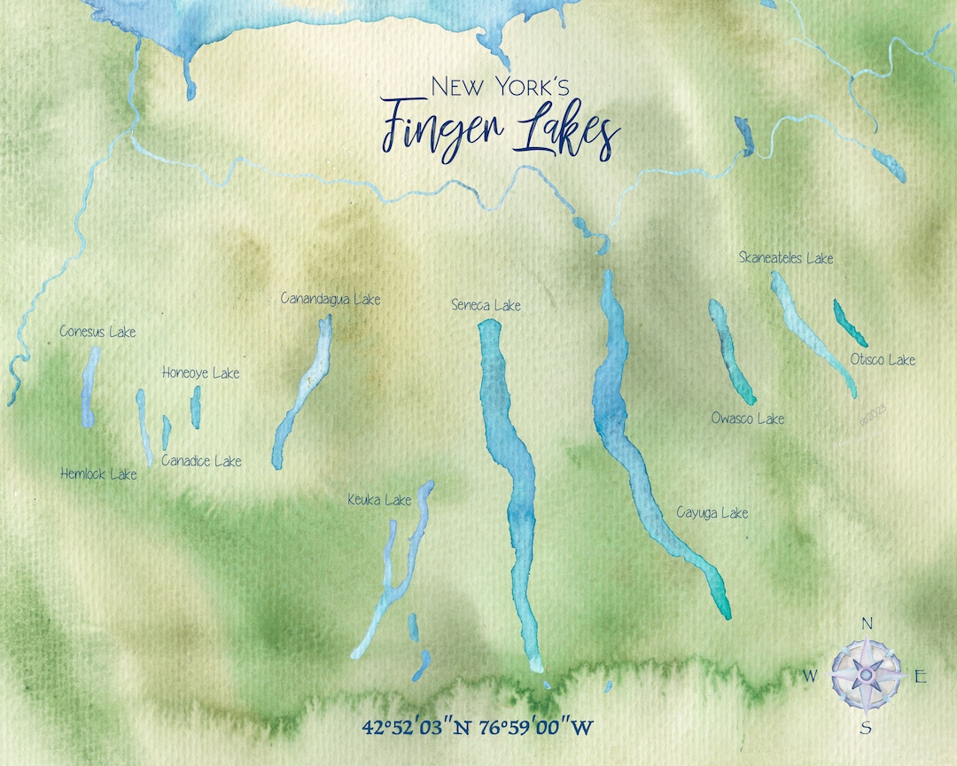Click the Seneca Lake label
(486, 306)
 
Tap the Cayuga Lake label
(712, 512)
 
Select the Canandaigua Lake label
(330, 299)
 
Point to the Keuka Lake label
(379, 501)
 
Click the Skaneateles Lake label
(786, 258)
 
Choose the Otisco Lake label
(883, 360)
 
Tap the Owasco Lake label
(747, 418)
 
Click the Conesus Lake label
(97, 332)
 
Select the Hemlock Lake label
(98, 474)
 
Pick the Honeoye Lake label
(200, 373)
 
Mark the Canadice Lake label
(201, 461)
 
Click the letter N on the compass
(867, 623)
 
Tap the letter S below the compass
(866, 729)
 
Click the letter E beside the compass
(921, 677)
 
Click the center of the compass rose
(866, 675)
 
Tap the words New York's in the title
(500, 86)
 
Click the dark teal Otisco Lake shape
(849, 323)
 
